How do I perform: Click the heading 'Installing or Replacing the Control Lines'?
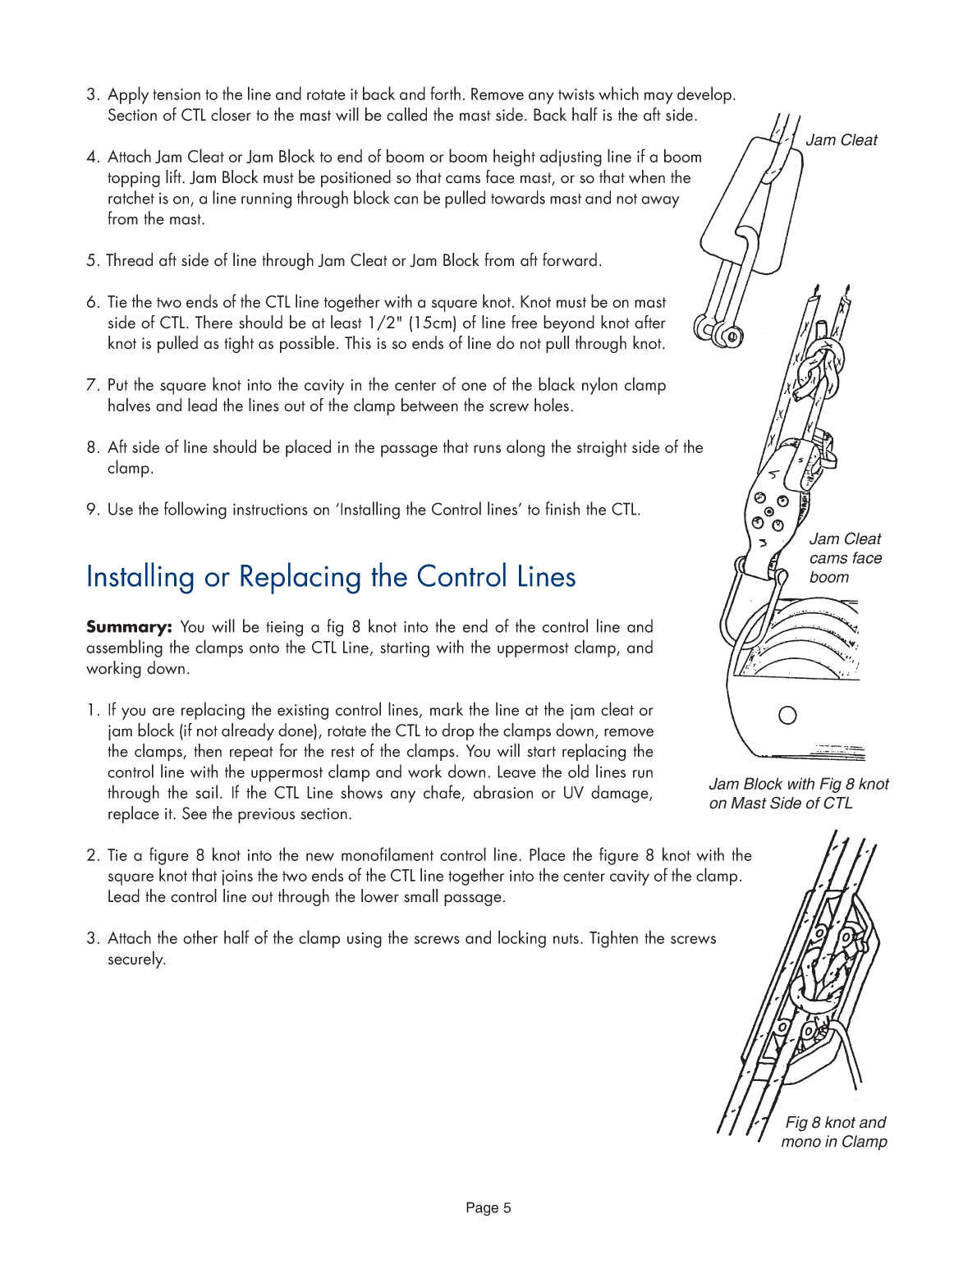[331, 577]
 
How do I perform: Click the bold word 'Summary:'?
[129, 627]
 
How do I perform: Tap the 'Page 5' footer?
[488, 1207]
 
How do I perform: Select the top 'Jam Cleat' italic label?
[841, 140]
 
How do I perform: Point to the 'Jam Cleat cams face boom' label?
[845, 558]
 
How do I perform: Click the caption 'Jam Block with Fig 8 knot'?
[798, 784]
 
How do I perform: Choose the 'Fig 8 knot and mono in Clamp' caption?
[834, 1132]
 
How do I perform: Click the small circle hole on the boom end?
[787, 716]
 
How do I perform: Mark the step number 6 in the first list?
[92, 303]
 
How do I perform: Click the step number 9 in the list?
[92, 510]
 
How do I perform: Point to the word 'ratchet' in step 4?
[131, 199]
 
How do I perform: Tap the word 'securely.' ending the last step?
[136, 959]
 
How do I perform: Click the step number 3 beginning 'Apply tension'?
[92, 95]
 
